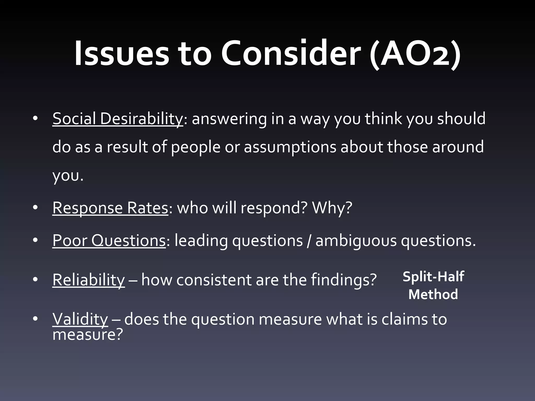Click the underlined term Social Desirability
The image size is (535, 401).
point(118,119)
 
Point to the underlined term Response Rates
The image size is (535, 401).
point(110,208)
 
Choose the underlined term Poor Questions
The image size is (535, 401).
point(109,240)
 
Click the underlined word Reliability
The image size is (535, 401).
point(89,280)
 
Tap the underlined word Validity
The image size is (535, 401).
point(80,319)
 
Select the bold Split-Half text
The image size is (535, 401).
point(433,276)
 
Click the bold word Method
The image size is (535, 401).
point(433,294)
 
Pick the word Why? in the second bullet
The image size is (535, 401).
point(332,208)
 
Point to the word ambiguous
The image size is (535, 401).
point(356,240)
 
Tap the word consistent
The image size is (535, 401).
point(214,280)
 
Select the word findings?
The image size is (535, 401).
point(344,280)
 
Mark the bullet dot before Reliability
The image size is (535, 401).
point(36,280)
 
